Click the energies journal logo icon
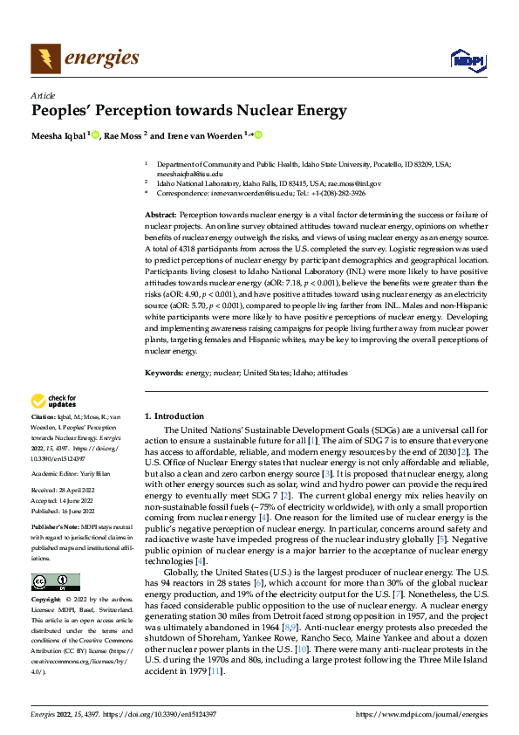pos(44,58)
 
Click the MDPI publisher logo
pos(466,58)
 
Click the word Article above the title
pos(43,95)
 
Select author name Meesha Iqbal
pos(58,135)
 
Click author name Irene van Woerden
pos(205,135)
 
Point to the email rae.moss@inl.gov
pos(343,183)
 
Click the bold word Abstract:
pos(160,215)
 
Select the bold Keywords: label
pos(164,373)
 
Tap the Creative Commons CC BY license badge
pos(55,581)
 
